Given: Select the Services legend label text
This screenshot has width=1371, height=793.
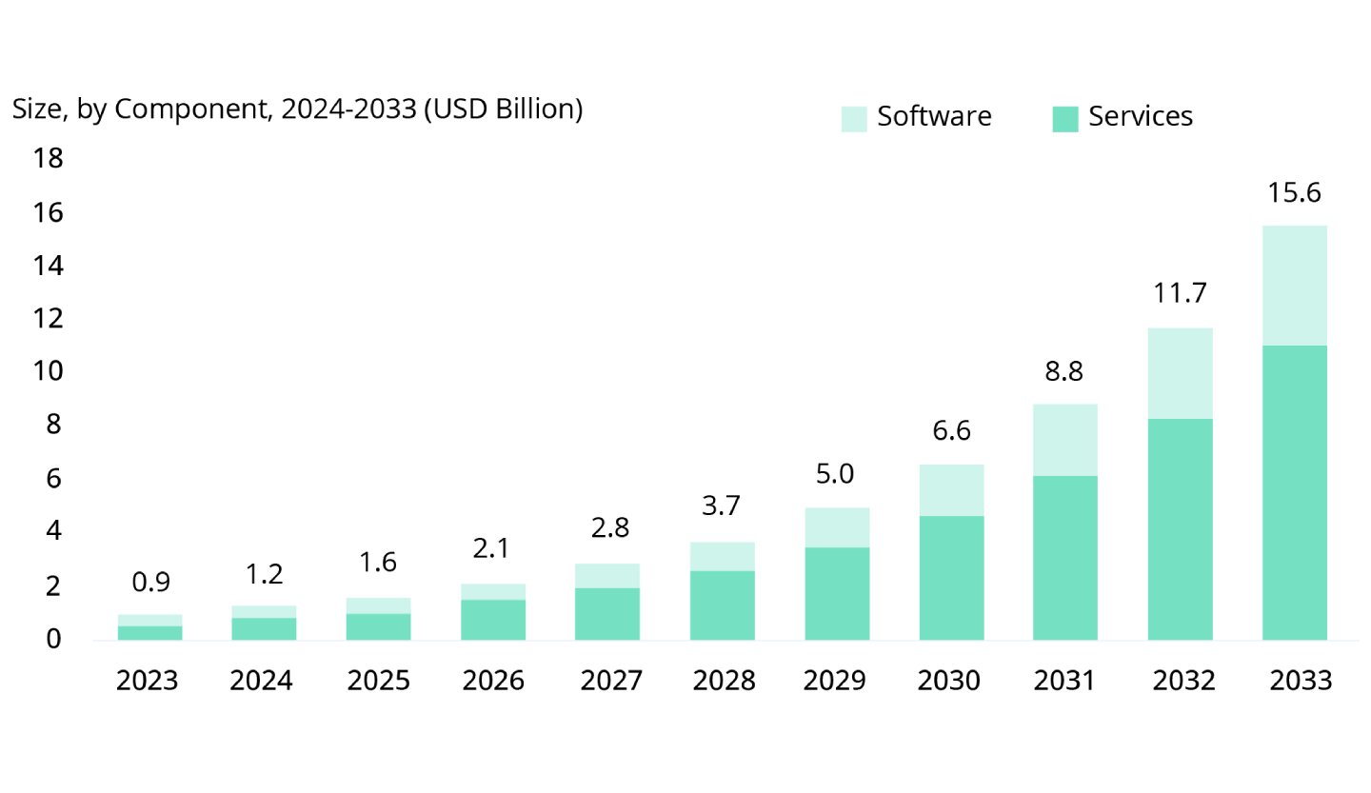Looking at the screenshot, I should (1140, 116).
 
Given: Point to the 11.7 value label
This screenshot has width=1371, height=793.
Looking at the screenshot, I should (1180, 293).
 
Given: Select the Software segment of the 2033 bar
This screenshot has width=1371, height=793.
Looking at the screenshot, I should (1294, 286).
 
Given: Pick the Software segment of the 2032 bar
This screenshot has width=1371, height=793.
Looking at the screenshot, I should (1180, 373).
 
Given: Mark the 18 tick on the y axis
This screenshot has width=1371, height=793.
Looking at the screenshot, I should (48, 158).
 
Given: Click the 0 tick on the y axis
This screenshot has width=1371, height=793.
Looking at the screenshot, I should (53, 639).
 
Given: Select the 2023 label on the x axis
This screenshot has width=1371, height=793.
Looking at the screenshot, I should (148, 682).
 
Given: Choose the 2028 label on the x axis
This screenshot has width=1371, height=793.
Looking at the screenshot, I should (723, 682).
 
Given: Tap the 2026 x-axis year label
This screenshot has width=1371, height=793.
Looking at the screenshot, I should (493, 682).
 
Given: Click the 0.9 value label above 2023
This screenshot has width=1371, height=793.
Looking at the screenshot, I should (150, 583).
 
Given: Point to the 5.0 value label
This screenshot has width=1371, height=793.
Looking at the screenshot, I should (836, 474).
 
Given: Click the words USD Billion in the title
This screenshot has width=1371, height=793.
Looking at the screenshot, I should (503, 109).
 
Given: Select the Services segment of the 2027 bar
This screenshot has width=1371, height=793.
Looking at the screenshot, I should (607, 613).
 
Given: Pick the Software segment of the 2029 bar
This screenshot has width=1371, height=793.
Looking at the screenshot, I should (837, 527).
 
